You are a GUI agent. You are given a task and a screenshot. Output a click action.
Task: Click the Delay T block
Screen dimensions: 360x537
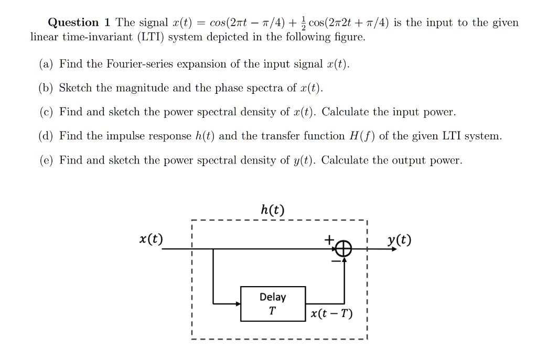point(273,303)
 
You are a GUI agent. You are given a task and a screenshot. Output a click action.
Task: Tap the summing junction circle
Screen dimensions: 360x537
point(343,249)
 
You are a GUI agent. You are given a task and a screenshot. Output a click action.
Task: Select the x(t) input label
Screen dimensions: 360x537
point(151,240)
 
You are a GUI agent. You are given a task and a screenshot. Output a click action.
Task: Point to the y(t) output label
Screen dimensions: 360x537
point(399,240)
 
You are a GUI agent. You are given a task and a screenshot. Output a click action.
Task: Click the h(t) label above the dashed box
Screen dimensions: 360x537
point(273,210)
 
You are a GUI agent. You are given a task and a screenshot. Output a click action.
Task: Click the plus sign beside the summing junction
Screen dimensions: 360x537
point(328,240)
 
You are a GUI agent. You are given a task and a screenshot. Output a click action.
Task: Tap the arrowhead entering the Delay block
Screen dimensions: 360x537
point(237,302)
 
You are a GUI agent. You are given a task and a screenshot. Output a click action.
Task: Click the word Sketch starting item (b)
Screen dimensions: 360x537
point(76,88)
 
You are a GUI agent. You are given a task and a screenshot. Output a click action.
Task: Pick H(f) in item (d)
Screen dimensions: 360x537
point(361,136)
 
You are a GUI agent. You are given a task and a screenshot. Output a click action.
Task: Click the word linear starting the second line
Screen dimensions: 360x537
point(44,38)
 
